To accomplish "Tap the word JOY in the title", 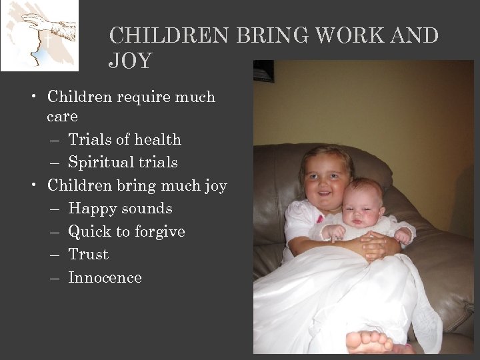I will click(x=130, y=61).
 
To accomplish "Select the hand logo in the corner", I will click(x=39, y=35).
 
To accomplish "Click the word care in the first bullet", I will click(x=62, y=117).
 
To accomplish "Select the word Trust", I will click(x=88, y=255).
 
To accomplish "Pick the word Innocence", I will click(x=105, y=278).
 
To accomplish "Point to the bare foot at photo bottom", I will click(x=370, y=341).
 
